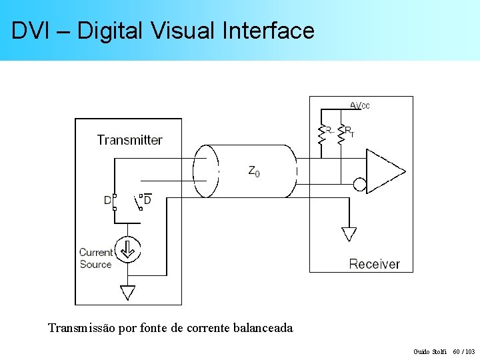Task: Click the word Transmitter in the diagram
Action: (129, 140)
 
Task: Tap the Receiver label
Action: (374, 264)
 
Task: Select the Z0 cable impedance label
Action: (254, 171)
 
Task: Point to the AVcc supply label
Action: (360, 105)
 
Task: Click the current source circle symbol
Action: (127, 251)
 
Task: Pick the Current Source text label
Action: (96, 258)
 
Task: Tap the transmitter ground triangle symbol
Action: (127, 293)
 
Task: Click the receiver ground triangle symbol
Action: (349, 234)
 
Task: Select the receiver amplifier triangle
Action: (384, 171)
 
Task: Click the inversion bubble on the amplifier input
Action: (360, 184)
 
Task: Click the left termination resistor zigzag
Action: (322, 135)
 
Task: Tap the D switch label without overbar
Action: (107, 200)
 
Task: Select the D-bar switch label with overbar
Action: (147, 199)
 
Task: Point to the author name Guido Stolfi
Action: (431, 351)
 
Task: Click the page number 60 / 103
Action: (464, 351)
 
